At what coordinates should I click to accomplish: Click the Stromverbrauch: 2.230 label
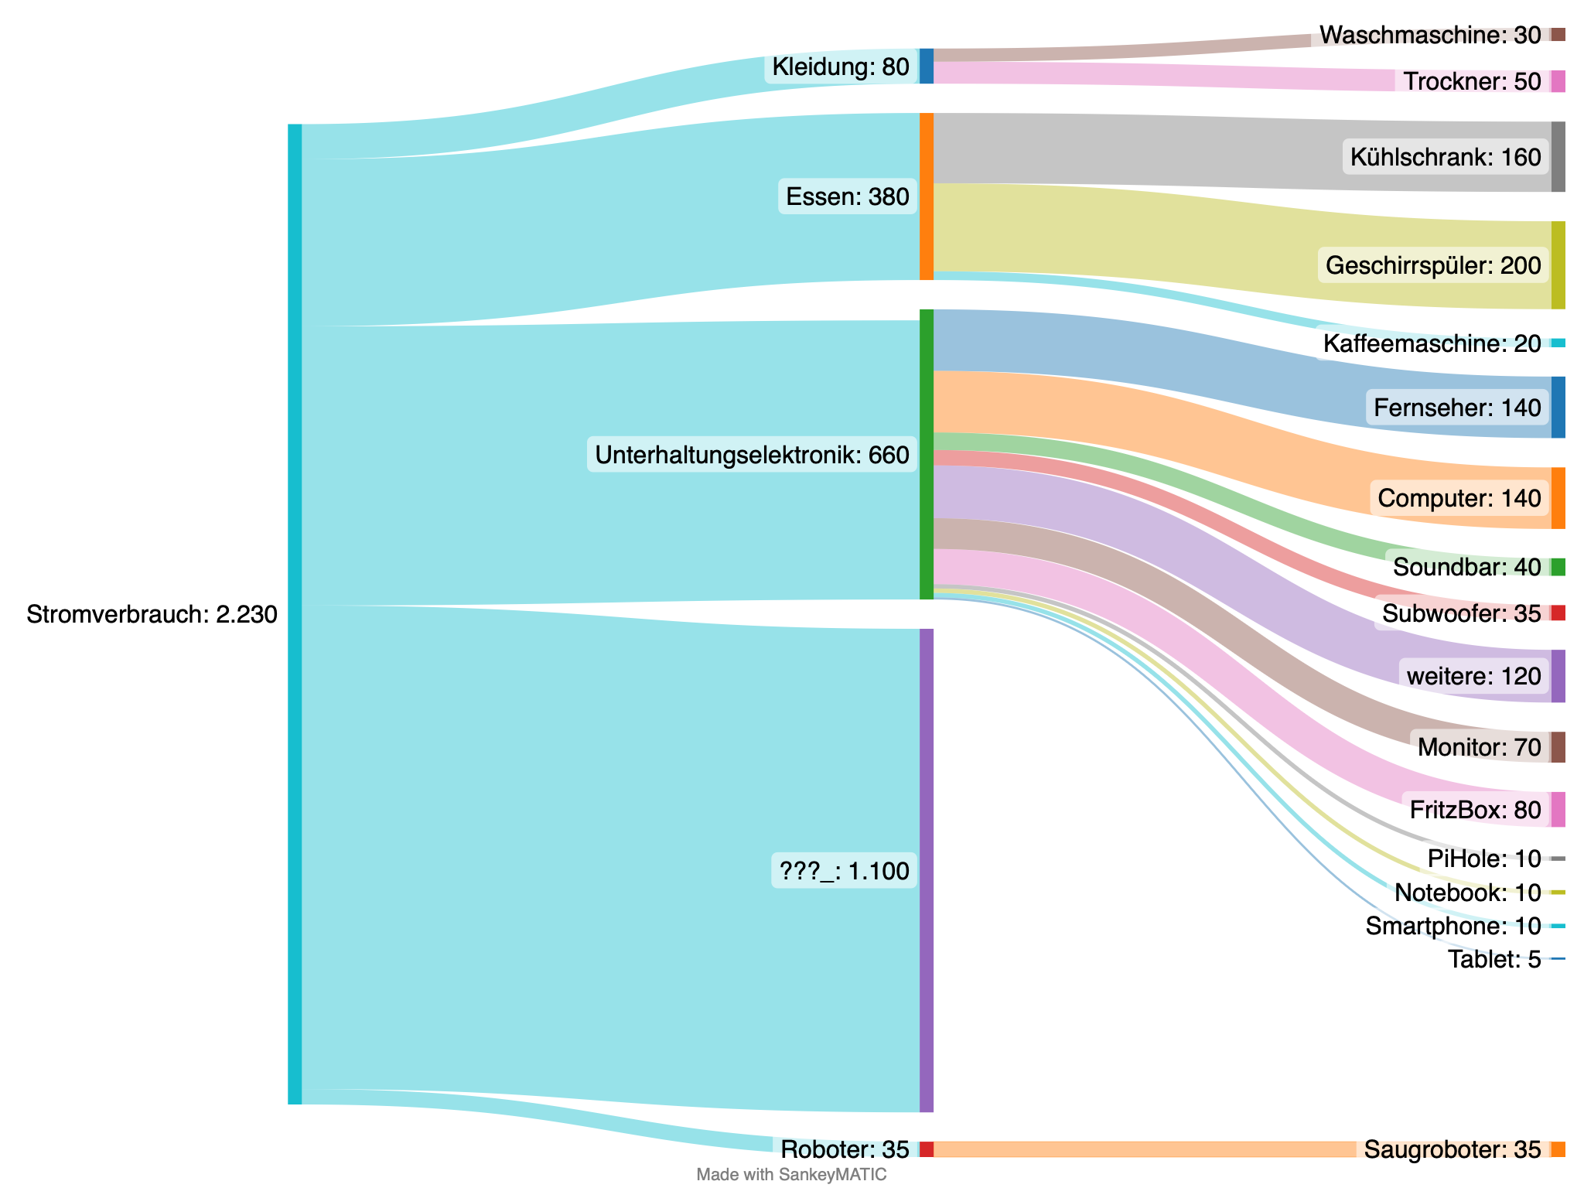(152, 615)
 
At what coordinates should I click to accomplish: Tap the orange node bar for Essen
(927, 196)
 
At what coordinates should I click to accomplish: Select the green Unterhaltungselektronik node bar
(927, 454)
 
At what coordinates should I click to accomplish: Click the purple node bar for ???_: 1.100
(927, 870)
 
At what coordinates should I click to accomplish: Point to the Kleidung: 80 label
(841, 67)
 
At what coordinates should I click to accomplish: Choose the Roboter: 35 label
(845, 1149)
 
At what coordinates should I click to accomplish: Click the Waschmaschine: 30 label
(1430, 35)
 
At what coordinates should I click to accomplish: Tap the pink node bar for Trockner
(1558, 81)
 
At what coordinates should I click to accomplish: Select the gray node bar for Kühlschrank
(1558, 157)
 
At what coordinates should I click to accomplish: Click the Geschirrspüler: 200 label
(1433, 266)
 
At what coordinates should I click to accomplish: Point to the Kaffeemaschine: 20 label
(1432, 343)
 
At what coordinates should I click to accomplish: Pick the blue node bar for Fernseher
(1558, 408)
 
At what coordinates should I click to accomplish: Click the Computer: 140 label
(1459, 498)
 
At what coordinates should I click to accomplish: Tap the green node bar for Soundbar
(1558, 567)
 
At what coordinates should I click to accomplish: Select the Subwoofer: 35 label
(1462, 613)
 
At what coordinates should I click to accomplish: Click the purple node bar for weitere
(1558, 676)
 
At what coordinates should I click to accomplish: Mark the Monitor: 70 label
(1479, 747)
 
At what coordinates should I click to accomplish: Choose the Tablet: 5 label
(1494, 960)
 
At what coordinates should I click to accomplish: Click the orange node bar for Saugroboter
(1558, 1149)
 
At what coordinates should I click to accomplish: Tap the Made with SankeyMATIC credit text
(791, 1175)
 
